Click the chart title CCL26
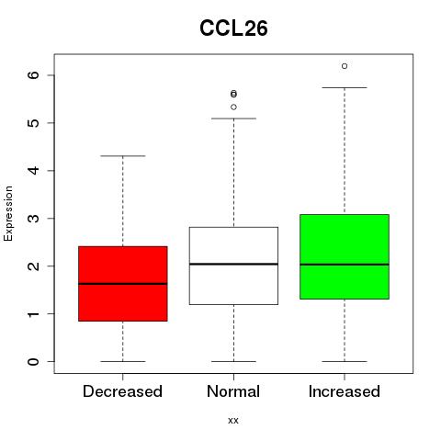233,28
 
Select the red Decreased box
123,284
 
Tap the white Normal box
233,266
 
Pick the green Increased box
345,256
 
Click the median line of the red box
123,284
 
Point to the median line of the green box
345,265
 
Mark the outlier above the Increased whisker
345,66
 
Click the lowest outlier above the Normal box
233,107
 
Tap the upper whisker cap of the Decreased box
123,156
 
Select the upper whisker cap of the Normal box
233,119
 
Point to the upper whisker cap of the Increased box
345,87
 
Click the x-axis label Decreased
122,391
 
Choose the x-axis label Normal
233,391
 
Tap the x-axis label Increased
345,391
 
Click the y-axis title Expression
8,213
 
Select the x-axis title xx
233,421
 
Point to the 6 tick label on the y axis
33,75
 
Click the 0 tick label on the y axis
33,362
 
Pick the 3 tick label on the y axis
33,219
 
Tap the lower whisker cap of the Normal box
233,361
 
